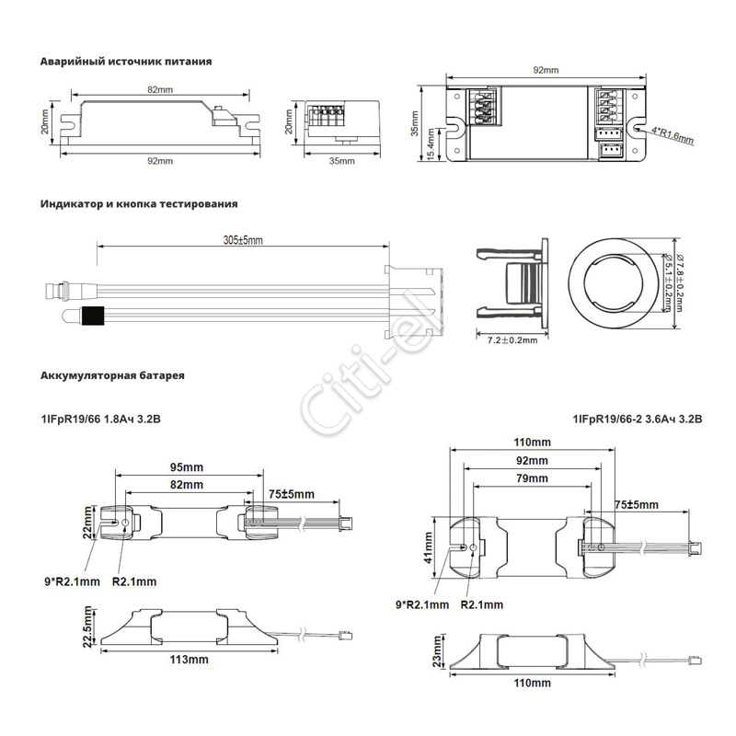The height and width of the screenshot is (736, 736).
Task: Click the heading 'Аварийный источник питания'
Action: coord(126,62)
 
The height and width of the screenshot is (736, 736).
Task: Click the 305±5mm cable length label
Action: coord(243,240)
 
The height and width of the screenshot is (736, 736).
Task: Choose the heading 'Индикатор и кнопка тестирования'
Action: coord(139,203)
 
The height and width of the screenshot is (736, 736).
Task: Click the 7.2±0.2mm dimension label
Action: coord(512,340)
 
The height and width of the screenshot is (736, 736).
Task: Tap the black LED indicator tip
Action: coord(93,316)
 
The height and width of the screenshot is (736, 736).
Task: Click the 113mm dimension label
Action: coord(191,660)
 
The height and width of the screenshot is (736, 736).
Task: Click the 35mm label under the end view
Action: coord(340,161)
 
